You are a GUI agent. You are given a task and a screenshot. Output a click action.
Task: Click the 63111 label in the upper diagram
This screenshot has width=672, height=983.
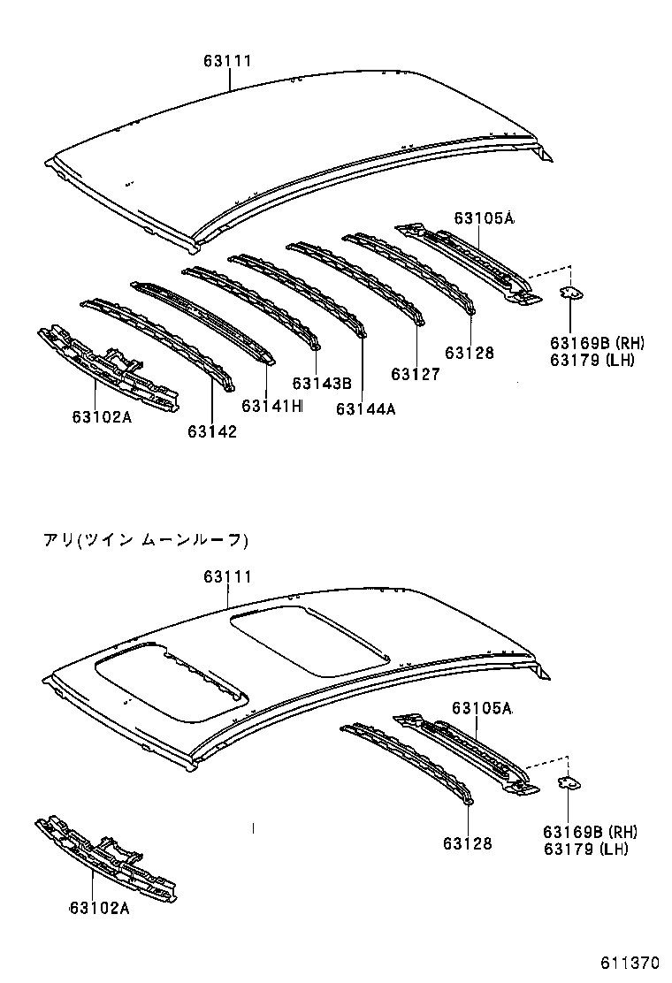pyautogui.click(x=228, y=61)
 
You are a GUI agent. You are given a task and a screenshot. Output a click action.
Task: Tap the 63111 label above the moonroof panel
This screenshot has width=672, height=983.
pyautogui.click(x=228, y=576)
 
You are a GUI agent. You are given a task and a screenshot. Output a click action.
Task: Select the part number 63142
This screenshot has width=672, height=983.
pyautogui.click(x=212, y=431)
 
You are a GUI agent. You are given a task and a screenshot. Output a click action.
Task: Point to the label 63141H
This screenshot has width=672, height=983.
pyautogui.click(x=272, y=406)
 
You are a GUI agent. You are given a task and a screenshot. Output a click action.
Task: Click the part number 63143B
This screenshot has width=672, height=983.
pyautogui.click(x=322, y=383)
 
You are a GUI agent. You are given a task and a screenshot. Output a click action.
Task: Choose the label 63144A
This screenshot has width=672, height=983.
pyautogui.click(x=366, y=408)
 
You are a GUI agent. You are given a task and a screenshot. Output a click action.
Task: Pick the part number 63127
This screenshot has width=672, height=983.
pyautogui.click(x=416, y=374)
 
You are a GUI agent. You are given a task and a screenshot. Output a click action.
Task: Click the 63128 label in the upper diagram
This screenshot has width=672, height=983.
pyautogui.click(x=470, y=353)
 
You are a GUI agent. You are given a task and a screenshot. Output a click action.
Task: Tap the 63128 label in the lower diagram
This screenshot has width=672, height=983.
pyautogui.click(x=468, y=843)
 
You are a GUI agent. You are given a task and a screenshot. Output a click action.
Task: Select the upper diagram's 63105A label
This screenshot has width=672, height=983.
pyautogui.click(x=485, y=217)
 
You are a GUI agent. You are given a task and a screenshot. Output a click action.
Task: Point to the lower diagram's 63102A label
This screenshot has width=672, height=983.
pyautogui.click(x=99, y=908)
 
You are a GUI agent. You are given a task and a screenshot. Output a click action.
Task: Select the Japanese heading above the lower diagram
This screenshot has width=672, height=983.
pyautogui.click(x=147, y=539)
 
